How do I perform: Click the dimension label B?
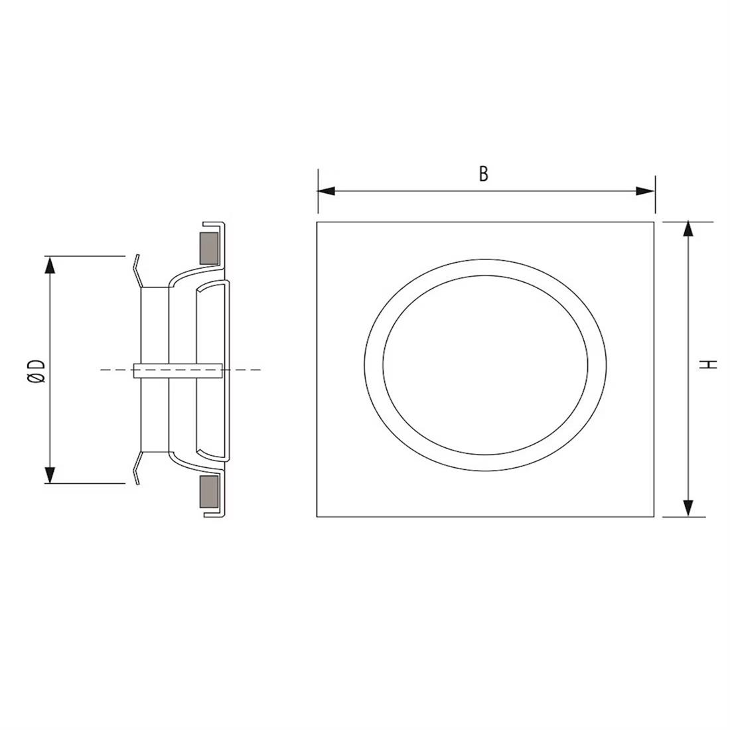(484, 174)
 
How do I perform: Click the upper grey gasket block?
(210, 248)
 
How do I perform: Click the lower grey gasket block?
(210, 492)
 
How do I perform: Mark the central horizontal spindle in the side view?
(177, 370)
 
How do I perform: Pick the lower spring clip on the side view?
(137, 467)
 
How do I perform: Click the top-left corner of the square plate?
(317, 222)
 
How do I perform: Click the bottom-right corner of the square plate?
(654, 517)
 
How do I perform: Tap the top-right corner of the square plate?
(654, 222)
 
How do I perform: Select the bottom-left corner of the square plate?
(317, 517)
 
